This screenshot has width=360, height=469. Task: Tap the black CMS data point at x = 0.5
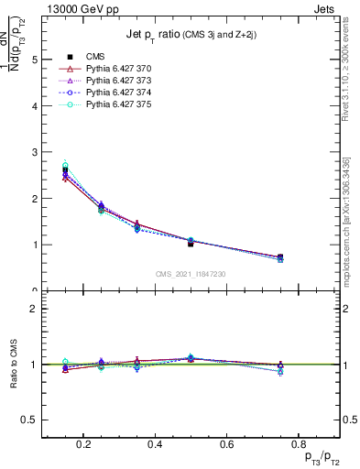coord(191,244)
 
